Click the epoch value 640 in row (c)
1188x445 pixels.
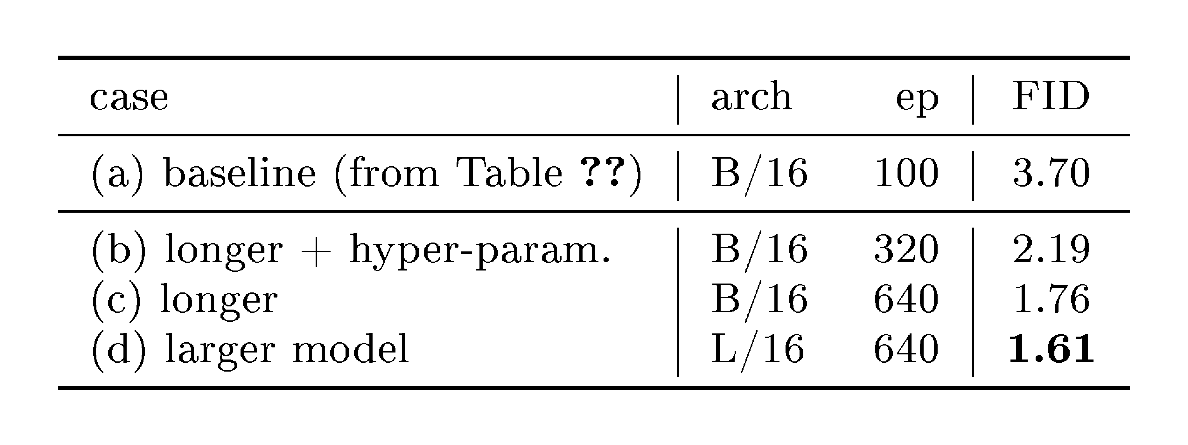coord(906,299)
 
